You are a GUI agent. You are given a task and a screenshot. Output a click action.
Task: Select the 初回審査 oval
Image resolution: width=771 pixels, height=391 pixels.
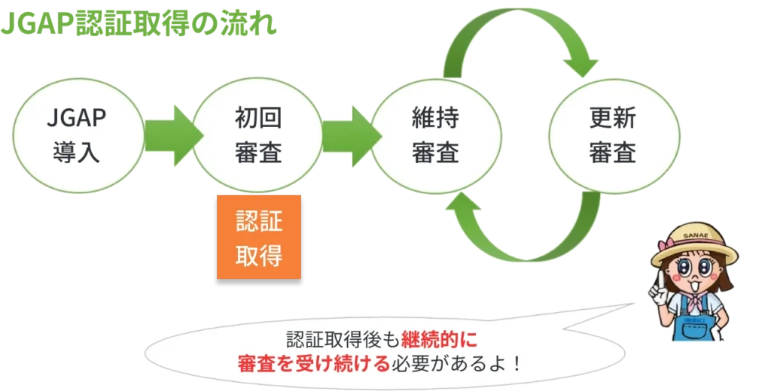coord(258,136)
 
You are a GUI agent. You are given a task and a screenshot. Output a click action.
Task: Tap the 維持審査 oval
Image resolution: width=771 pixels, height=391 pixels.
coord(436,136)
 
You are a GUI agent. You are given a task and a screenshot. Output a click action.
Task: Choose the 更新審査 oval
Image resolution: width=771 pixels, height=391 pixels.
coord(614,136)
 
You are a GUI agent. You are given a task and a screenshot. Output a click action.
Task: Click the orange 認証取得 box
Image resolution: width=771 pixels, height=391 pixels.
coord(258,239)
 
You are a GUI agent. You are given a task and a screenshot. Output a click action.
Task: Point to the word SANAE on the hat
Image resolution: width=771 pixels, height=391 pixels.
coord(697,237)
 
